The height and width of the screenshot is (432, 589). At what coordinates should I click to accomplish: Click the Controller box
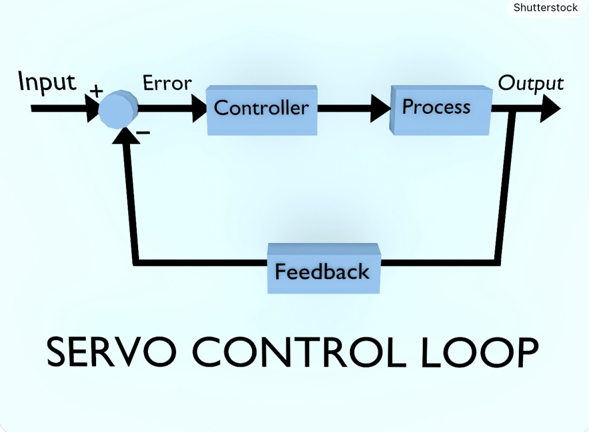tap(262, 109)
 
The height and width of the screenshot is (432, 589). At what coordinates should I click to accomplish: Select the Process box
tap(439, 108)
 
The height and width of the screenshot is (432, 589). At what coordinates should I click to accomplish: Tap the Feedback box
tap(323, 269)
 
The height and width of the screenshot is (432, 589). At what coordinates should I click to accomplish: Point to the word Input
tap(47, 82)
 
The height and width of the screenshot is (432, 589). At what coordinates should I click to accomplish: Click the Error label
tap(167, 83)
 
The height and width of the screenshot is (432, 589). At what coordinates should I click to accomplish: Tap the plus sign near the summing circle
tap(95, 91)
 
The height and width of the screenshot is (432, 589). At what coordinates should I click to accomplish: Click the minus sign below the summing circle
tap(143, 133)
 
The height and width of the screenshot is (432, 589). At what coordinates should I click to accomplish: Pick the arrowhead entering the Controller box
tap(197, 108)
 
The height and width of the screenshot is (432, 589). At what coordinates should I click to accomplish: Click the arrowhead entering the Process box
tap(380, 108)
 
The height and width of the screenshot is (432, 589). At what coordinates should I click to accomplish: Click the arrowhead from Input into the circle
tap(91, 108)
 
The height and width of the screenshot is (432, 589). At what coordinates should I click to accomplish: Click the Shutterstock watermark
tap(545, 7)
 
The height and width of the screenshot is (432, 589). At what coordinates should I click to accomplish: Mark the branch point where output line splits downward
tap(514, 109)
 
